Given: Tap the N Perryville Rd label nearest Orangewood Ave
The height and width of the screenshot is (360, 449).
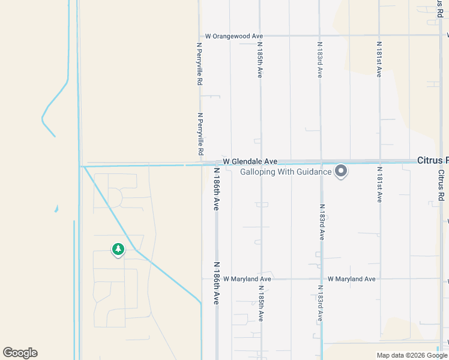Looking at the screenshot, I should pos(200,63).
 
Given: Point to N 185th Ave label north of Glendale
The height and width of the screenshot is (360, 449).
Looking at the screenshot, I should pos(260,60).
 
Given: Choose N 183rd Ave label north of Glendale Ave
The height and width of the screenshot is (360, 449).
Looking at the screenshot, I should pos(320,60).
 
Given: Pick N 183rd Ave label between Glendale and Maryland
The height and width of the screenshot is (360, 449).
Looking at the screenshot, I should pos(321,220).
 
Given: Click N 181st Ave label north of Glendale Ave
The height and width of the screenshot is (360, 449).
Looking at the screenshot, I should pos(379,60).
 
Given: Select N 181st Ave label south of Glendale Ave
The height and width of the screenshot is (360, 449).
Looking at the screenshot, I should pos(379,185).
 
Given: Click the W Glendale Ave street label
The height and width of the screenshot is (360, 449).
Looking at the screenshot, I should pos(250,162).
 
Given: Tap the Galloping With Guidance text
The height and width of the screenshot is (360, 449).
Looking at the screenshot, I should pos(286,172).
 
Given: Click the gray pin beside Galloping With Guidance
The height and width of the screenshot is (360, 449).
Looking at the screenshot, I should pos(341,172).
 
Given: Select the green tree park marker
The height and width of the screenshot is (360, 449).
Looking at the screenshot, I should pos(118,249).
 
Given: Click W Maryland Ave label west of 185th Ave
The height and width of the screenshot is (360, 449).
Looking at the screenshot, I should pos(247,279).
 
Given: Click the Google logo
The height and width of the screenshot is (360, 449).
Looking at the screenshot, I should pos(20,353).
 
